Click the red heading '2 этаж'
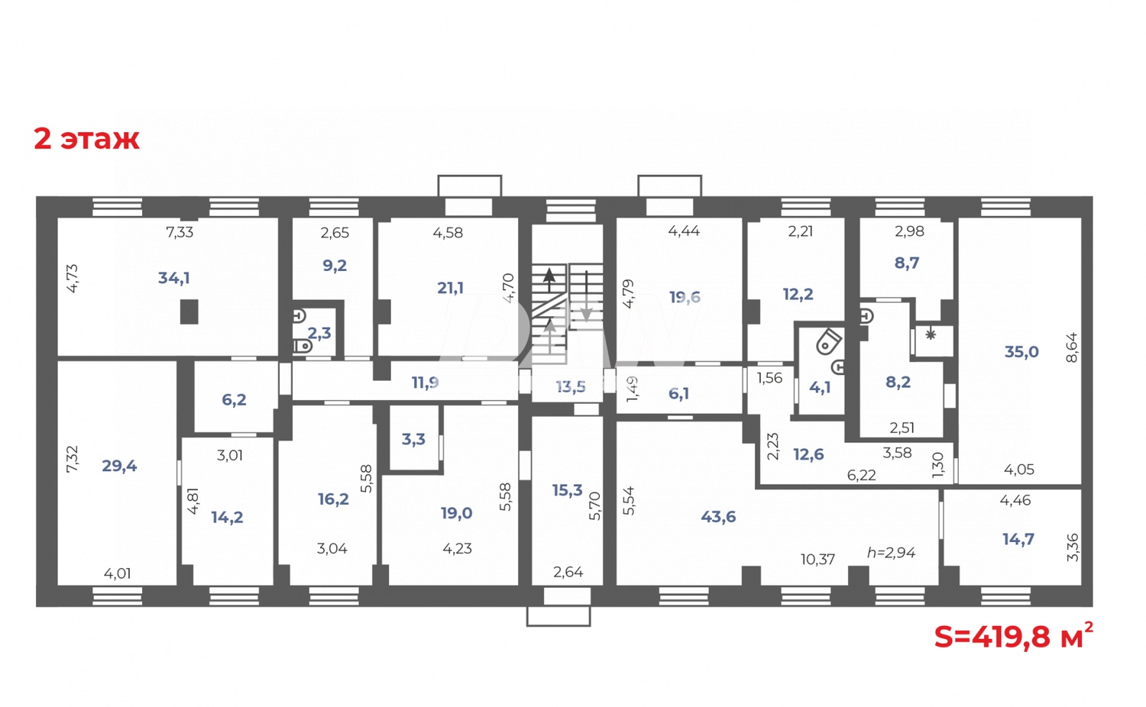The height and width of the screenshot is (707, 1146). coord(86,139)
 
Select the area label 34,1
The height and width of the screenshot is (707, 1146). coord(173,278)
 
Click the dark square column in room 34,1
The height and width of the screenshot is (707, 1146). coord(189,312)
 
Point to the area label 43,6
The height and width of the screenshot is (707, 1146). coord(718,517)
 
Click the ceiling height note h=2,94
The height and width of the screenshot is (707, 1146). coord(891,552)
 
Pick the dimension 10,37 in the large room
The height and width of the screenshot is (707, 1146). coord(817,560)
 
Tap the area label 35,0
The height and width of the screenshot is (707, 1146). coord(1021,352)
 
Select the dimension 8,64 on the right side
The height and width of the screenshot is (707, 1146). coord(1071,347)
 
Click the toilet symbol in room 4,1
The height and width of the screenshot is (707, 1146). coord(828,341)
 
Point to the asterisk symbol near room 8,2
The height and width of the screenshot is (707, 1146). coord(931,334)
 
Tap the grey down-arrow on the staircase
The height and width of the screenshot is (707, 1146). coord(586,312)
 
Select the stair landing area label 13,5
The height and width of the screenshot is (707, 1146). coord(570,387)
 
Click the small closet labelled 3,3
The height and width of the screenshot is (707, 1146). coord(413,439)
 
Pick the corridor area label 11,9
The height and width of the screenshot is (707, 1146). coord(425,382)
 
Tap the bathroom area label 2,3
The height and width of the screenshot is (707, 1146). coord(319,333)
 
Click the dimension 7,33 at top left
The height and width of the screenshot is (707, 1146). coord(180,232)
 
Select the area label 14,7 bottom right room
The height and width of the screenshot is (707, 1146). coord(1018,539)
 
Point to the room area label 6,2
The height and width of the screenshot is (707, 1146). coord(234,399)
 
